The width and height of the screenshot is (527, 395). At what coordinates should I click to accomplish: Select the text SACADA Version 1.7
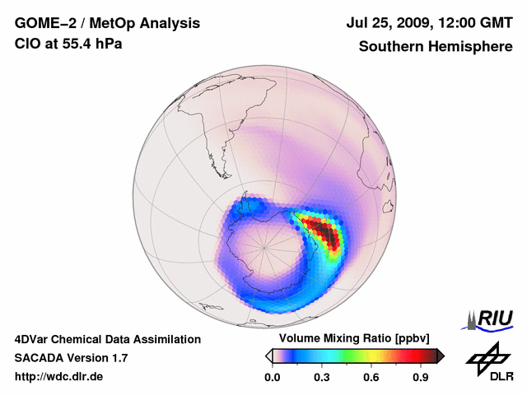pos(71,358)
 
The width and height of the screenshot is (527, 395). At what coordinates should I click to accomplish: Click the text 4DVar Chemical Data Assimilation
pos(108,339)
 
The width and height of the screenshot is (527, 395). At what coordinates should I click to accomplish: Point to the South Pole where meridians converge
pos(265,247)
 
